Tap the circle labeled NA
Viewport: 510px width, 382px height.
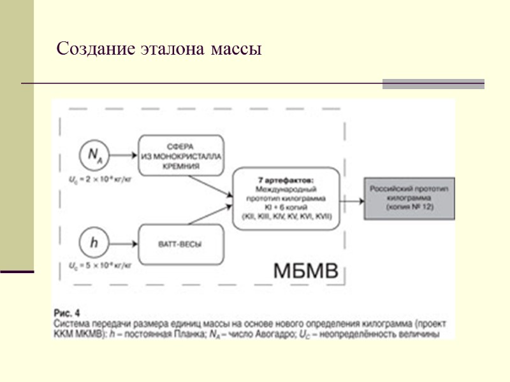94,155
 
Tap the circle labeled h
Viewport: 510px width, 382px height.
94,242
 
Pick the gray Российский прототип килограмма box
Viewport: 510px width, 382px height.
409,199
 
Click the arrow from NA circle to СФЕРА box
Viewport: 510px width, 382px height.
124,155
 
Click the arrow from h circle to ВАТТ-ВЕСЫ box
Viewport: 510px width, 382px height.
124,243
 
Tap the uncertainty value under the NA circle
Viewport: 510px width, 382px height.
97,176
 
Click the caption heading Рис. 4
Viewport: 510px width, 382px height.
68,313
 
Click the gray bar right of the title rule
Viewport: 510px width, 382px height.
433,83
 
